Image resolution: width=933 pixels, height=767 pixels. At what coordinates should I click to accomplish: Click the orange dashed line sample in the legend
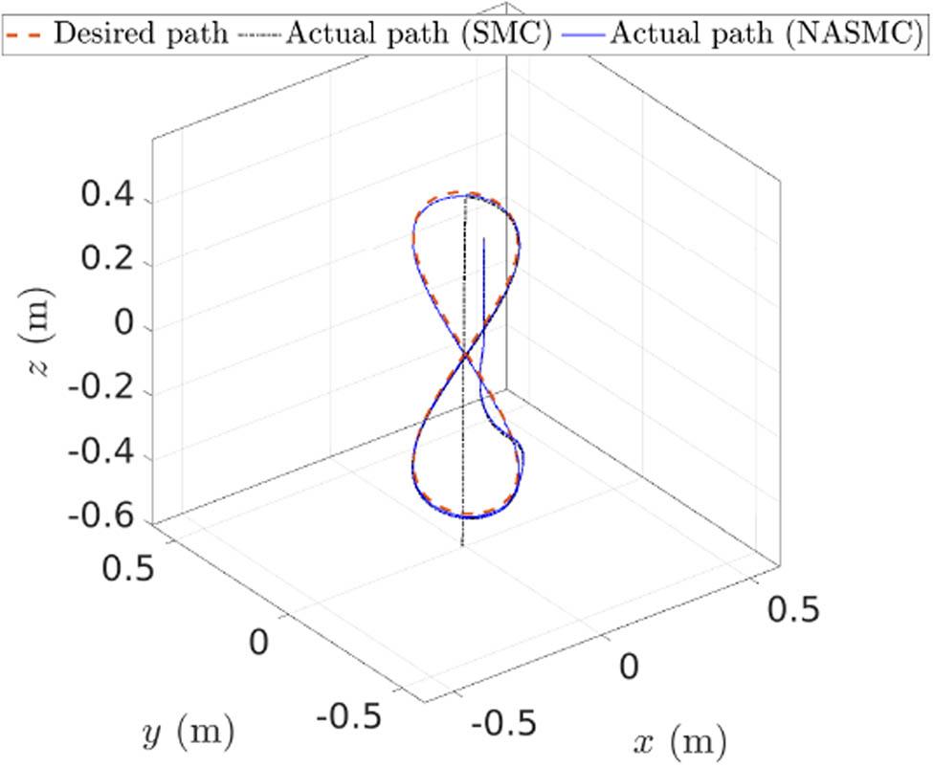(25, 34)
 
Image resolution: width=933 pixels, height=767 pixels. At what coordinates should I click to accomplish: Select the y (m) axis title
(188, 735)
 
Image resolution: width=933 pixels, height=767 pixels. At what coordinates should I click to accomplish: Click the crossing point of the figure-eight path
(467, 357)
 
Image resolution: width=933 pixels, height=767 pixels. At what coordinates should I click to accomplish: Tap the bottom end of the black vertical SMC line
(463, 546)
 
